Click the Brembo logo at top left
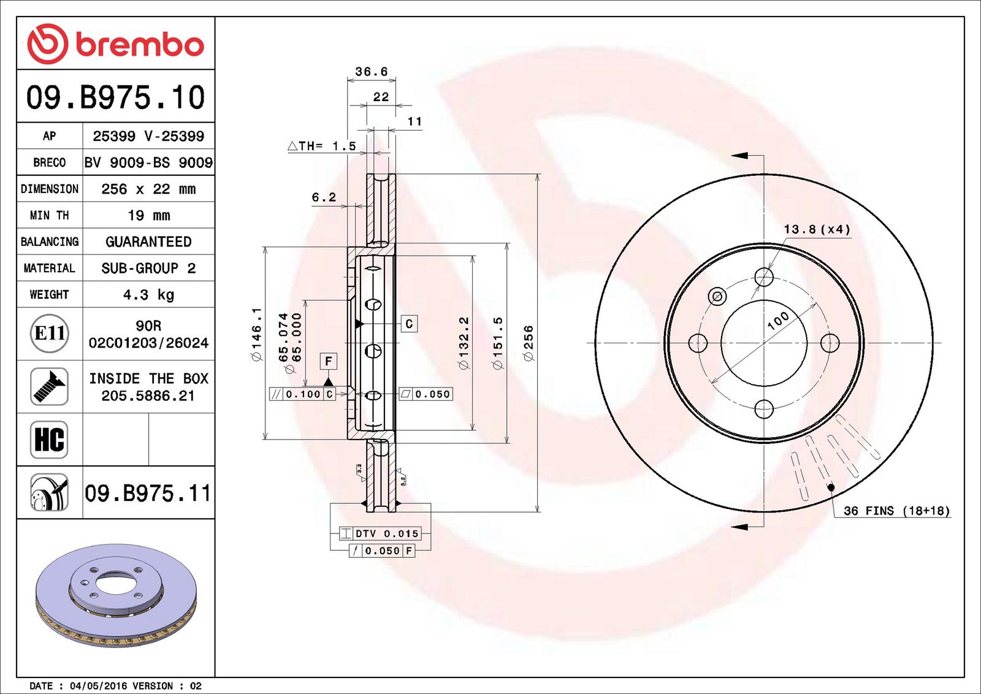click(116, 44)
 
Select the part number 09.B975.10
click(116, 97)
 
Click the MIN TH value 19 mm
click(148, 215)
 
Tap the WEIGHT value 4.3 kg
click(148, 295)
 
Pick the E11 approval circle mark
click(50, 334)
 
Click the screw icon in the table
click(50, 387)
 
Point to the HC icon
click(50, 440)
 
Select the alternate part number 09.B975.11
click(148, 494)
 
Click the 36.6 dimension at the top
click(372, 71)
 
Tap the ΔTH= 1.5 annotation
click(322, 146)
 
